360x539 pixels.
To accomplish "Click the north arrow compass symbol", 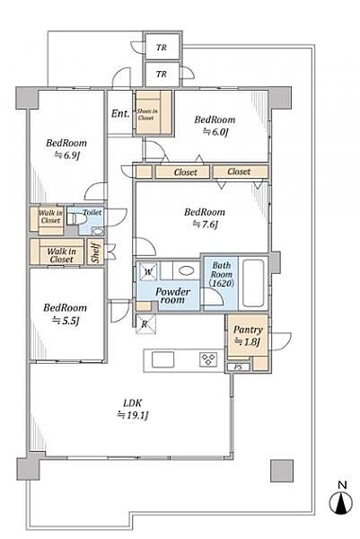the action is tap(341, 503).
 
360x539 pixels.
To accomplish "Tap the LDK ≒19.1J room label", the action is tap(133, 409).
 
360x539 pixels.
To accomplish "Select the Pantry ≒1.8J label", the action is tap(248, 335).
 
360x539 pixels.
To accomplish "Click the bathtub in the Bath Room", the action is tap(253, 283).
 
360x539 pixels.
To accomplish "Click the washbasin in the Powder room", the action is tap(186, 270).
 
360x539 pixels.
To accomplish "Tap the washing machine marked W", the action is tap(148, 271).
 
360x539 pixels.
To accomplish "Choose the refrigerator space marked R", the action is tap(145, 323).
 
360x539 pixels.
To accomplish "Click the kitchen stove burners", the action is tap(208, 360).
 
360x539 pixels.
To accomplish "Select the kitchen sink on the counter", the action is tap(162, 359).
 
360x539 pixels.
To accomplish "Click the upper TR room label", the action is tap(162, 47).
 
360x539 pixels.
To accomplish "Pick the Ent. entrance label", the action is tap(120, 113).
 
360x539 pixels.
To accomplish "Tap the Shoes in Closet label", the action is tap(147, 114).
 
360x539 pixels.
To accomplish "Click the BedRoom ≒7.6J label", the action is tap(205, 218).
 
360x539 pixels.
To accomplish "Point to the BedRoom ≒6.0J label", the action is tap(215, 126).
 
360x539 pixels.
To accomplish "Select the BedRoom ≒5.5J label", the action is tap(65, 314).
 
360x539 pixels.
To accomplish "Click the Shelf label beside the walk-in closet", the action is tap(96, 252).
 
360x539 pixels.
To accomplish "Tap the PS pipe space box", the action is tap(238, 367).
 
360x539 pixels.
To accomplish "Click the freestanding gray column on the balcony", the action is tap(282, 471).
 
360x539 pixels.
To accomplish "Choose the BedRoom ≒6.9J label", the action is tap(66, 149).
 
